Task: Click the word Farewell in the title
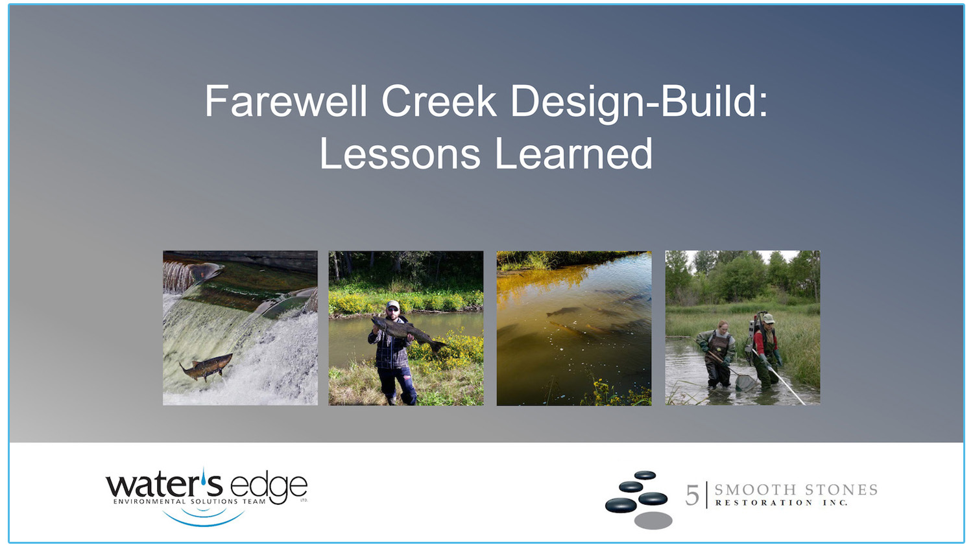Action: pos(286,102)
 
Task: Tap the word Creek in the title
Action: pos(438,102)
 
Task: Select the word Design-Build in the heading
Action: pos(638,102)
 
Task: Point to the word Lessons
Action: pos(400,154)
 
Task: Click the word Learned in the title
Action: pos(573,154)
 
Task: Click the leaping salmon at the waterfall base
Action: pos(206,367)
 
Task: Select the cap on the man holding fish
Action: pos(392,305)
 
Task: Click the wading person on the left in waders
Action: pos(718,355)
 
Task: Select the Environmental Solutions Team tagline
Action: pos(189,502)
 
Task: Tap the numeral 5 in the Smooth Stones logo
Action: pos(692,496)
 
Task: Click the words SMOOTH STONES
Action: pos(796,490)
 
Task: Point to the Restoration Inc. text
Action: pos(782,503)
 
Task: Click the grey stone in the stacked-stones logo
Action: pos(653,520)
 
